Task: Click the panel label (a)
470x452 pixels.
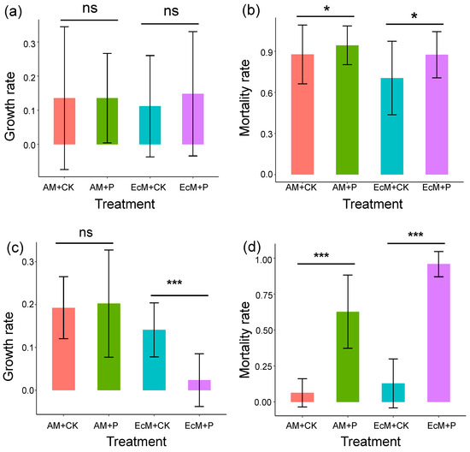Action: tap(13, 13)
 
